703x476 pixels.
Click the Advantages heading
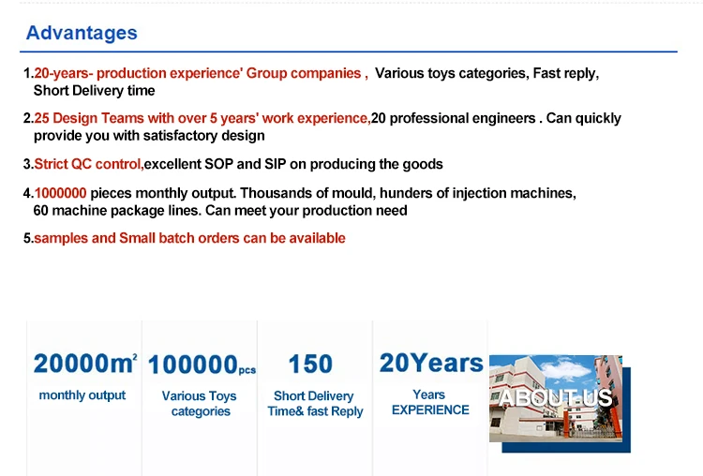[82, 33]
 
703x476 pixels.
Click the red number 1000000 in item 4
[61, 193]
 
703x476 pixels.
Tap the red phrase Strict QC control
[88, 164]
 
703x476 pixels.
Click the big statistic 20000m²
[85, 364]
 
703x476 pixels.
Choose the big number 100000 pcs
[202, 364]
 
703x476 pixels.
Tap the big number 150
[310, 364]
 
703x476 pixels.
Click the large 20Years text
[431, 363]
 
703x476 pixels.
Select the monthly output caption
[82, 395]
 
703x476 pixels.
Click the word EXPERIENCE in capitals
[430, 410]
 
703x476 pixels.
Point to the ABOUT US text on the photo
[555, 398]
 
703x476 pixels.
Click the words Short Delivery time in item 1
[94, 91]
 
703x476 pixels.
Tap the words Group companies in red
[304, 73]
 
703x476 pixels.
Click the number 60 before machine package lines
[41, 211]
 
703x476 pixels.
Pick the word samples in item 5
[61, 238]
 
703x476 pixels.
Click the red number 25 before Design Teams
[41, 118]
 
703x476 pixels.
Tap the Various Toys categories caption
[200, 404]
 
